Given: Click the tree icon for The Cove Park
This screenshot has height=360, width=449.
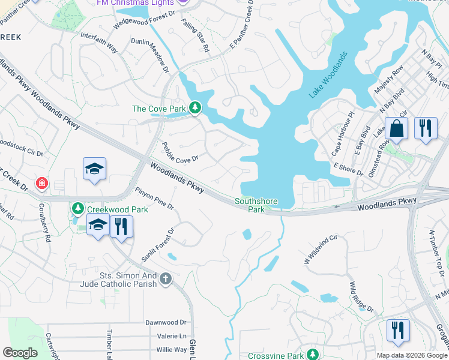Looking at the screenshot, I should (194, 108).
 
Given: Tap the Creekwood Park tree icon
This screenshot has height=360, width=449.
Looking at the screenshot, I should (77, 209).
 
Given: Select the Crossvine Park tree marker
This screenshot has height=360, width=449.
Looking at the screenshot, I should (312, 355).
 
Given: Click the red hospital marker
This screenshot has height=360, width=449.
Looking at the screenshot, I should (41, 182).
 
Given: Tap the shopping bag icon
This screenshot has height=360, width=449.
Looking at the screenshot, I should (397, 128).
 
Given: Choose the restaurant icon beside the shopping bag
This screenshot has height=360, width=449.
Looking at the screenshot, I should (426, 128).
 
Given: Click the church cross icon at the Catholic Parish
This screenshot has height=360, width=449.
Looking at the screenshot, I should (166, 278).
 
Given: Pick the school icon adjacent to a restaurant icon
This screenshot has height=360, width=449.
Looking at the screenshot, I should (98, 227).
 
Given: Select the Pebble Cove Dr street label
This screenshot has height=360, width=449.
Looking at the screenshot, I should (180, 154).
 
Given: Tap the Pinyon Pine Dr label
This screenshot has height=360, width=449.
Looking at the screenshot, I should (154, 198).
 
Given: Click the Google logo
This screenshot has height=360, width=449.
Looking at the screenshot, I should (20, 353).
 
